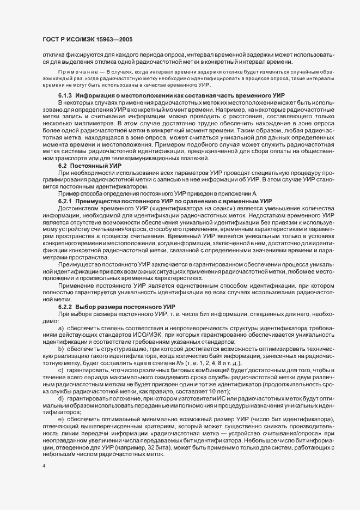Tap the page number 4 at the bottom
[44, 467]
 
